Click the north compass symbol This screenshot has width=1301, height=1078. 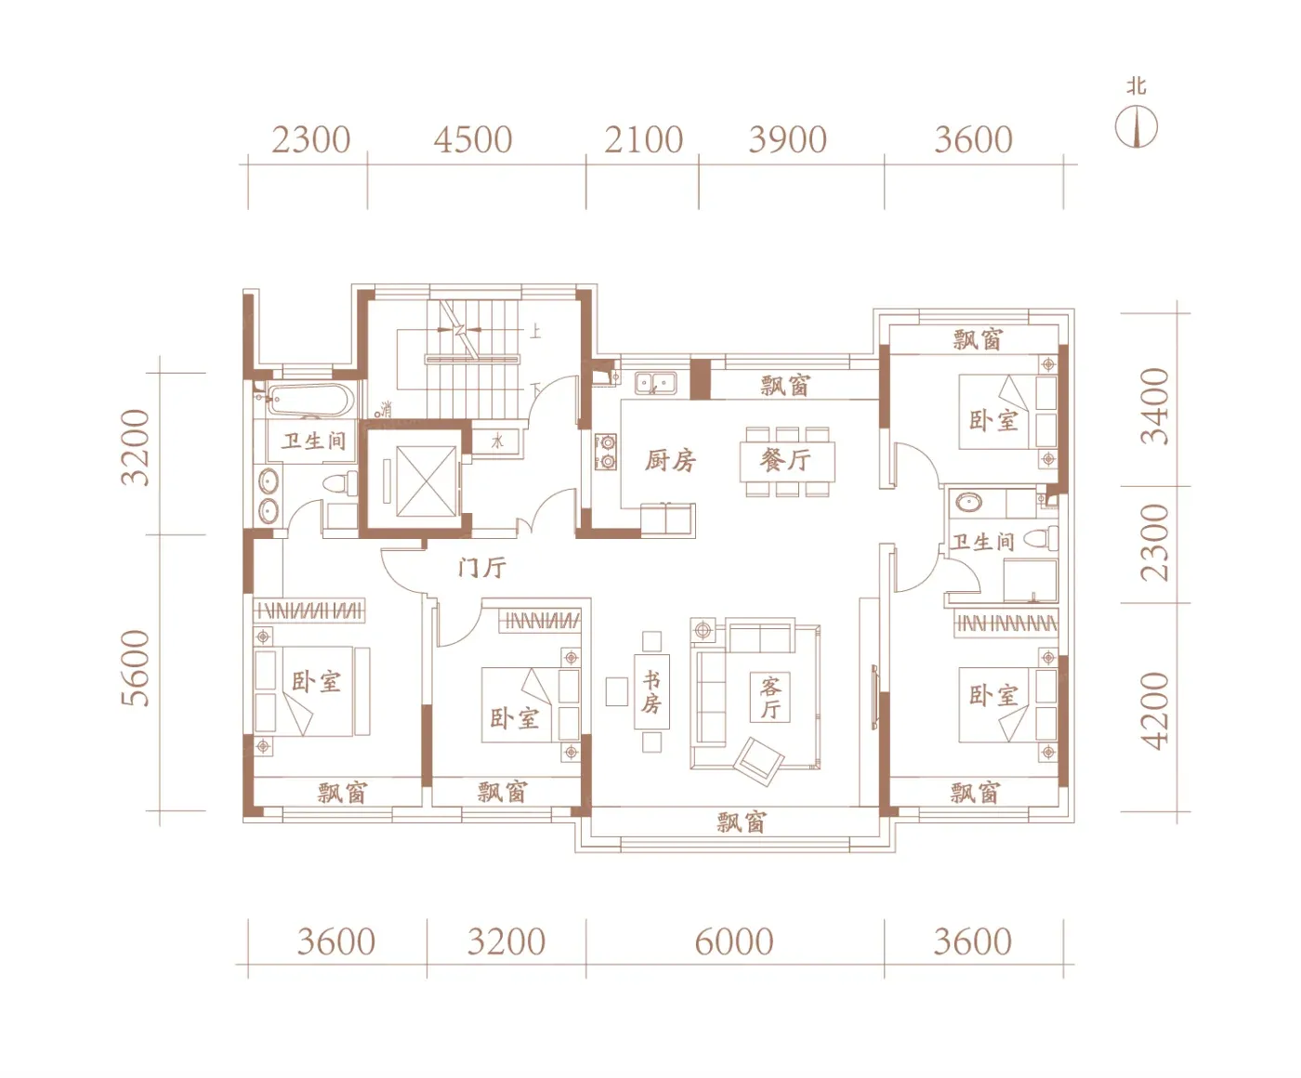point(1136,126)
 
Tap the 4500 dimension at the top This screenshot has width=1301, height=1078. point(473,139)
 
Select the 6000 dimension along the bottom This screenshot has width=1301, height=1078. point(734,941)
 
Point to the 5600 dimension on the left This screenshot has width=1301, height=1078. point(136,668)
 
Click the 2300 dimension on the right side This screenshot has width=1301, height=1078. point(1154,543)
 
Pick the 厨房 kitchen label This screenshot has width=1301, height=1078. point(670,461)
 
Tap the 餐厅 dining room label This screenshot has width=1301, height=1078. point(785,460)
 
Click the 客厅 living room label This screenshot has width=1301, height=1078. point(770,698)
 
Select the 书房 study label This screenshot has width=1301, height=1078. point(651,691)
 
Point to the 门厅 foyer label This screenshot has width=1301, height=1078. point(482,568)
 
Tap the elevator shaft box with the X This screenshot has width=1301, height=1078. point(427,481)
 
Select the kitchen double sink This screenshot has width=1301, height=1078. point(655,383)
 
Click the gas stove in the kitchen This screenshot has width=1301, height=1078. point(606,452)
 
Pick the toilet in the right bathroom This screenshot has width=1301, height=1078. point(1043,538)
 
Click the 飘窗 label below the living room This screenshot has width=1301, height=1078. point(741,822)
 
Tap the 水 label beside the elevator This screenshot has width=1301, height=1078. point(497,441)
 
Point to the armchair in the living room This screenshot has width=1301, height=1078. point(759,761)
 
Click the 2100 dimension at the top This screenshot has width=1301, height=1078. point(644,139)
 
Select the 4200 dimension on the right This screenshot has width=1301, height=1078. point(1154,711)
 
